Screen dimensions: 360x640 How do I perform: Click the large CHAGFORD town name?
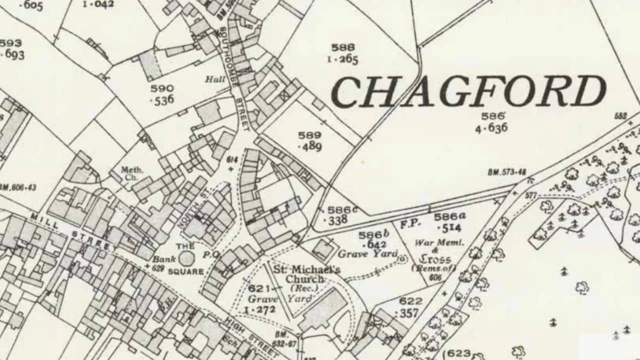point(468,92)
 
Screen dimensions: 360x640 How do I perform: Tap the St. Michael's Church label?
point(306,274)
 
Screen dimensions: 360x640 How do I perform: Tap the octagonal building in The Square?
point(186,258)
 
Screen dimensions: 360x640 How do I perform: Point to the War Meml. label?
point(432,243)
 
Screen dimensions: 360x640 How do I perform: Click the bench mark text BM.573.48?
point(506,172)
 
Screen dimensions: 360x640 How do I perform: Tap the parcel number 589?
point(309,135)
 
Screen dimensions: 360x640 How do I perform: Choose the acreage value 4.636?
point(491,128)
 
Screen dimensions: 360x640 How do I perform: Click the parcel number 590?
point(162,88)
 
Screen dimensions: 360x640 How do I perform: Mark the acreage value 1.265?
point(342,59)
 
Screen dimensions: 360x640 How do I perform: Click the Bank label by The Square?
point(164,259)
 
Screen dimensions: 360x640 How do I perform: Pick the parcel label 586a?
point(449,216)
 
